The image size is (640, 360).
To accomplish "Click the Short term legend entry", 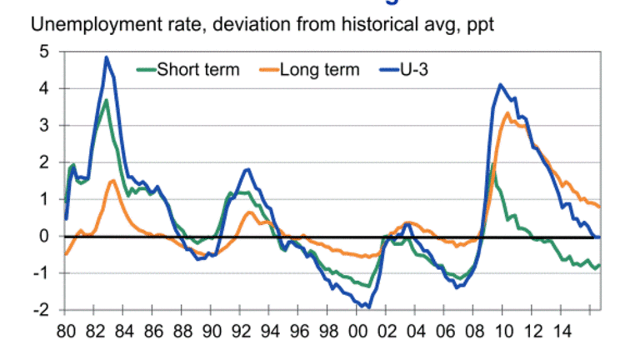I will pyautogui.click(x=198, y=69).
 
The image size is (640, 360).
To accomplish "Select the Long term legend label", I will pyautogui.click(x=320, y=69).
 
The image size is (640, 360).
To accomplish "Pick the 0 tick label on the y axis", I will pyautogui.click(x=43, y=237).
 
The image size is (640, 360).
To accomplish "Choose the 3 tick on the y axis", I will pyautogui.click(x=43, y=126).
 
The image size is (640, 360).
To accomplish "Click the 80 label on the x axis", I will pyautogui.click(x=65, y=329).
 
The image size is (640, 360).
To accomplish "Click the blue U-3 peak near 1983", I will pyautogui.click(x=107, y=57).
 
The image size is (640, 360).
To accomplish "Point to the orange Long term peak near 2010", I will pyautogui.click(x=507, y=113).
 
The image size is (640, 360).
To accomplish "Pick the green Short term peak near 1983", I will pyautogui.click(x=106, y=101).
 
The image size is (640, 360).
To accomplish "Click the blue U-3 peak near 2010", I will pyautogui.click(x=500, y=85).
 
